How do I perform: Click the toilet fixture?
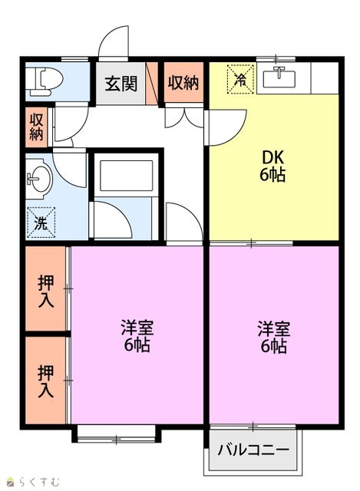(x=44, y=82)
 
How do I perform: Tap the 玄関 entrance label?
(x=121, y=84)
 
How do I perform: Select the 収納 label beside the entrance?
(x=183, y=83)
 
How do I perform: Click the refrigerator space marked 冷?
(x=240, y=79)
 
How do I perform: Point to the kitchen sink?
(x=279, y=77)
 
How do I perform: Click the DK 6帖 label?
(x=272, y=166)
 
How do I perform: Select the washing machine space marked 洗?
(x=41, y=222)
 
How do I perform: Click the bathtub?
(x=126, y=176)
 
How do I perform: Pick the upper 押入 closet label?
(x=46, y=292)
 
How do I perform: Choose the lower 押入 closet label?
(x=46, y=381)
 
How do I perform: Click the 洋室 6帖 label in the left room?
(x=137, y=336)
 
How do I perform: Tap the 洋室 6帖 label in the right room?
(x=274, y=337)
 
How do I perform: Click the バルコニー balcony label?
(x=253, y=450)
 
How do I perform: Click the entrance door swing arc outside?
(x=107, y=37)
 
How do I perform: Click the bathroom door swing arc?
(x=122, y=213)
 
